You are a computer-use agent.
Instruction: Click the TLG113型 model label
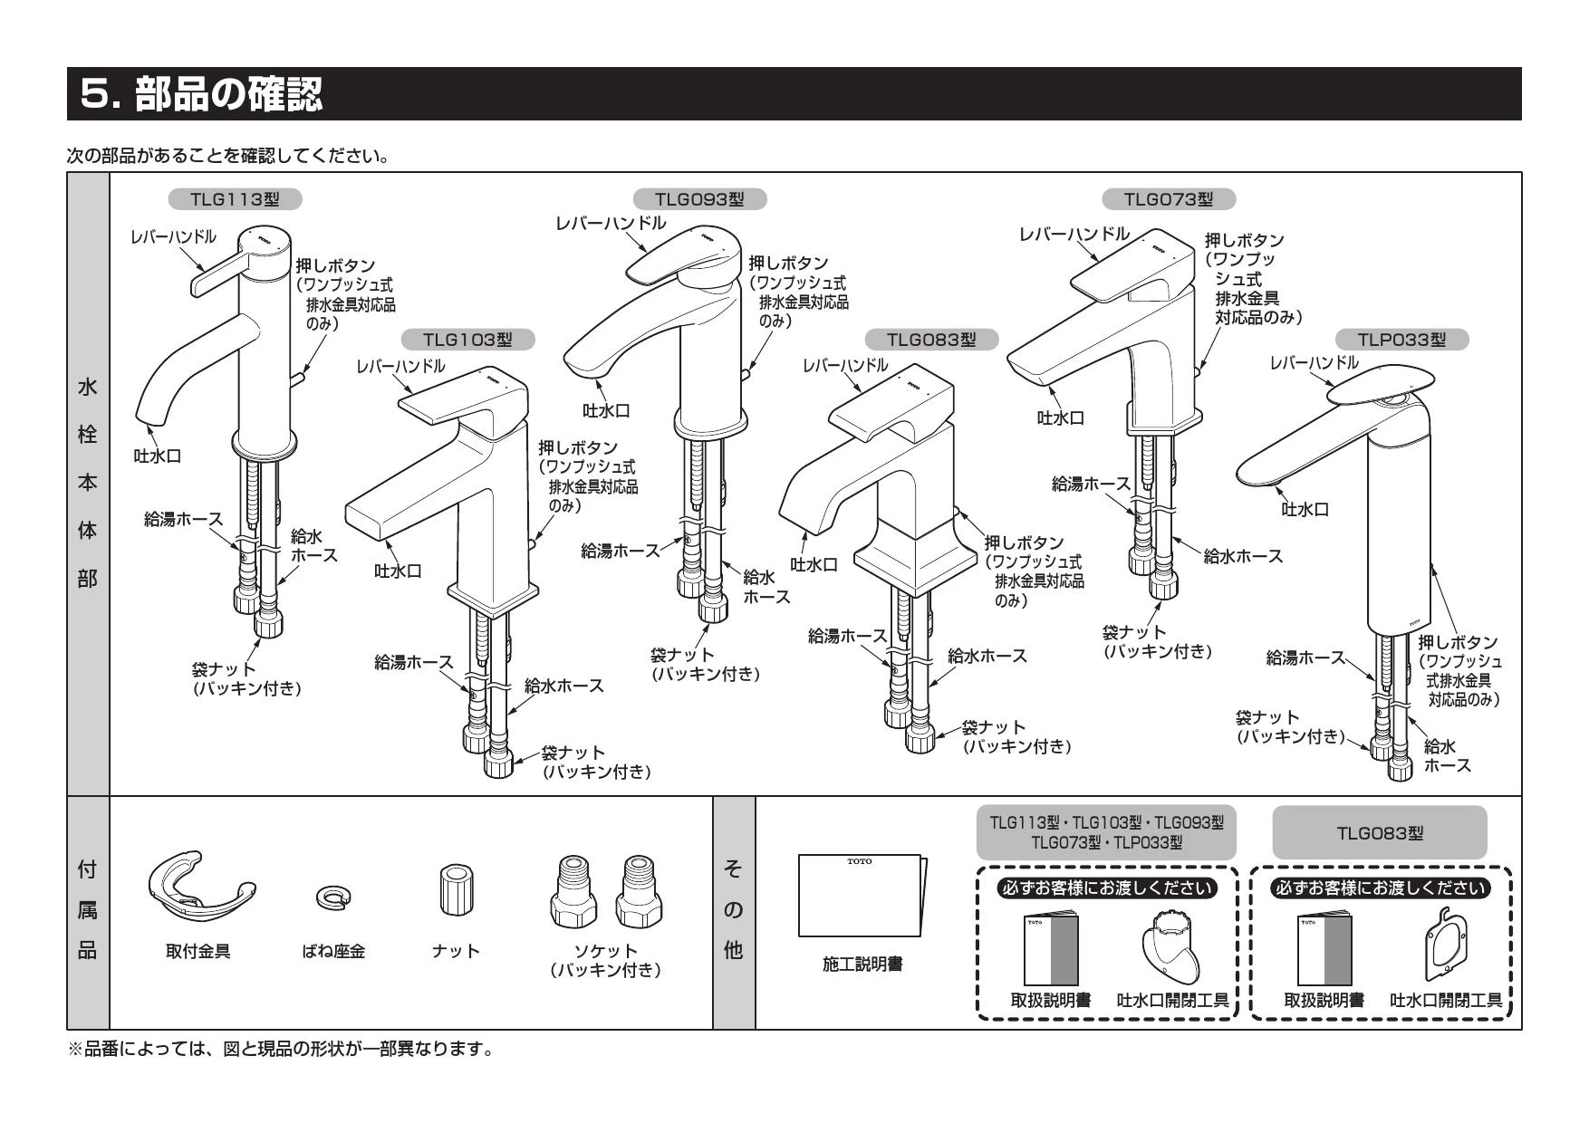tap(235, 198)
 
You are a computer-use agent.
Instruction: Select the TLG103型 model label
tap(467, 340)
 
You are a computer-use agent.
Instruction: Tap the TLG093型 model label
tap(699, 198)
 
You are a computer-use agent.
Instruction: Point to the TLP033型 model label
tap(1401, 340)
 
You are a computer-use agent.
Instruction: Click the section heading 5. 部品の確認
tap(201, 93)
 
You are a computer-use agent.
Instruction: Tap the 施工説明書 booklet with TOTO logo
tap(862, 895)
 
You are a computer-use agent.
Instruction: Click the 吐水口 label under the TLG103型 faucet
tap(398, 571)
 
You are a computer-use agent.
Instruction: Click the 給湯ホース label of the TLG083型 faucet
tap(846, 636)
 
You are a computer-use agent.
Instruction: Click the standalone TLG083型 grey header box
tap(1379, 832)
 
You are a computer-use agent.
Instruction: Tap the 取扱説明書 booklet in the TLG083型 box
tap(1324, 950)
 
